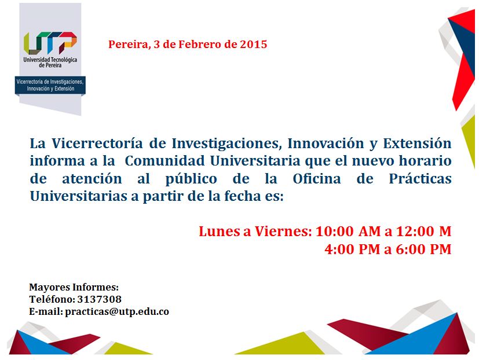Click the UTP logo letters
tap(50, 43)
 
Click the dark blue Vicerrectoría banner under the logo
tap(50, 85)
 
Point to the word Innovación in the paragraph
tap(326, 143)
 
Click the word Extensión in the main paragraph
tap(417, 143)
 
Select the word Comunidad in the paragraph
tap(164, 161)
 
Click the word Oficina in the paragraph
tap(317, 179)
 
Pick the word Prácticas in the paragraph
tap(420, 179)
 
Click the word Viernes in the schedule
tap(283, 231)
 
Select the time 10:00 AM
tap(348, 231)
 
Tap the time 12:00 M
tap(424, 231)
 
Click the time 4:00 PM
tap(352, 249)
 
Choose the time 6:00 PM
tap(424, 249)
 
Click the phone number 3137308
tap(99, 299)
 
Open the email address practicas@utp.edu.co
tap(117, 312)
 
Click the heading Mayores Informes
tap(74, 287)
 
